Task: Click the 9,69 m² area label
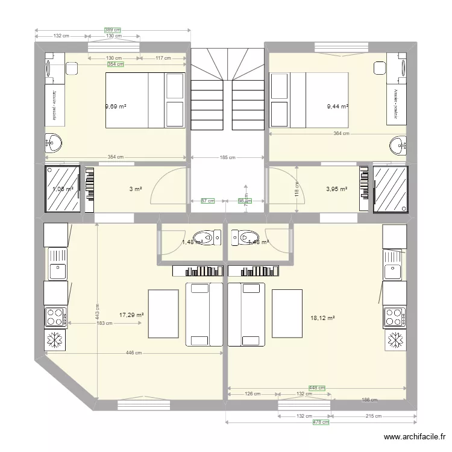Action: (x=116, y=107)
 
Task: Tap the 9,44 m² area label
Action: (x=337, y=107)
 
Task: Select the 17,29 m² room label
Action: (x=131, y=315)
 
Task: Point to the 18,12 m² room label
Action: (x=322, y=318)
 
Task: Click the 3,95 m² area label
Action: (x=337, y=189)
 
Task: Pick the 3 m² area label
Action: (x=136, y=189)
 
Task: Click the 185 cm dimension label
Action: (x=228, y=158)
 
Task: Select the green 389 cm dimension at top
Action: (x=113, y=30)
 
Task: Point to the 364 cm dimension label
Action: (x=341, y=134)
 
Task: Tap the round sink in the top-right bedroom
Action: (x=398, y=144)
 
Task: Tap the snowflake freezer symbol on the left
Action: (x=56, y=340)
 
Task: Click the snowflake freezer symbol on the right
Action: (x=395, y=340)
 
